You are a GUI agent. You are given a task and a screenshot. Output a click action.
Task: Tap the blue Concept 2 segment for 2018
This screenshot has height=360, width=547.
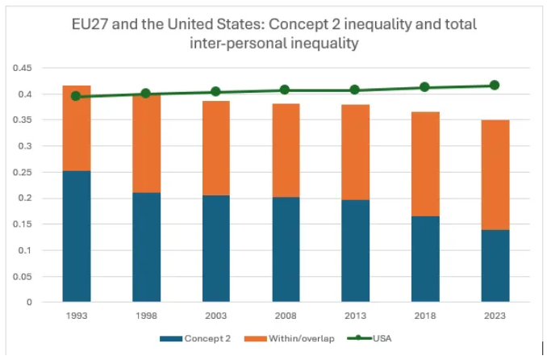pos(425,258)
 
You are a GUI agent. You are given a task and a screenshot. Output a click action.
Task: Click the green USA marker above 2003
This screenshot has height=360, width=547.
pos(215,92)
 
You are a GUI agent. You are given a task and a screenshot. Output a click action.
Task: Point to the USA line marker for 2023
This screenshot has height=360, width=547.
pos(495,85)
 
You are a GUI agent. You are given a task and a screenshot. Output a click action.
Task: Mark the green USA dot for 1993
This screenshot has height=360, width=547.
pos(76,96)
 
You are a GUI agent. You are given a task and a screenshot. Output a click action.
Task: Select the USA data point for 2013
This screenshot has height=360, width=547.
pos(355,90)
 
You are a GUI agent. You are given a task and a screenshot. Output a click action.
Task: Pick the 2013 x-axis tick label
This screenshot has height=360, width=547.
pos(355,316)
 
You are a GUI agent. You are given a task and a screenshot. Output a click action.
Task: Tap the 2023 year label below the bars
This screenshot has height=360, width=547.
pos(495,316)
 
